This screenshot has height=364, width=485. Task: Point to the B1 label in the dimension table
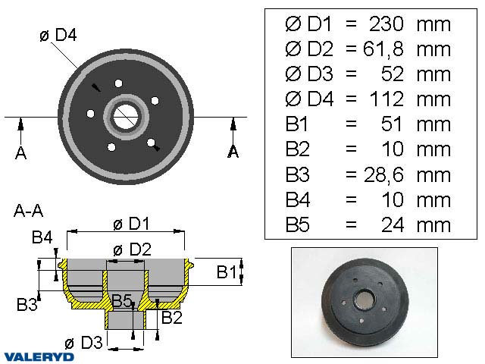click(298, 124)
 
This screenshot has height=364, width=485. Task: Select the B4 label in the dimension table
click(298, 199)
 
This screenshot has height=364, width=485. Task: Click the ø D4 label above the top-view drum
click(60, 36)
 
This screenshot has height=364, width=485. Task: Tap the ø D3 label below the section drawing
click(84, 343)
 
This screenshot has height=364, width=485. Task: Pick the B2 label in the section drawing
click(171, 316)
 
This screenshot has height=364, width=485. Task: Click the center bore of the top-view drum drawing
click(126, 116)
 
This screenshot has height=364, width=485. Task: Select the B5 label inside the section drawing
click(122, 302)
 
